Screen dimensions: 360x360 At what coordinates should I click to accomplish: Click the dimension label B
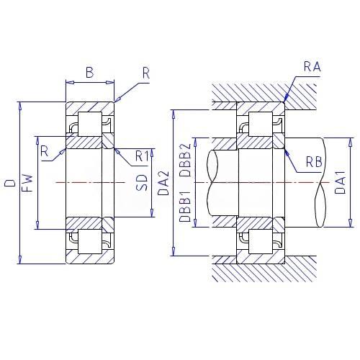point(90,72)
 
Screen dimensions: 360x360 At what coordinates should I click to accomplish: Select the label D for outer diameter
point(11,183)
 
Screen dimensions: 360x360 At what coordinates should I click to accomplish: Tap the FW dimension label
point(27,183)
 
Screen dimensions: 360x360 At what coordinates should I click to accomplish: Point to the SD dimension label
point(141,183)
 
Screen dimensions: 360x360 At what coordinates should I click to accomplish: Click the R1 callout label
point(142,156)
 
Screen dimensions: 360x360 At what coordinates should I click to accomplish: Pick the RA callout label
point(312,66)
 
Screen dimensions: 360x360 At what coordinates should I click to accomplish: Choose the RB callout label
point(314,162)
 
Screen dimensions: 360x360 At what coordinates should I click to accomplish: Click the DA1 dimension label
point(341,182)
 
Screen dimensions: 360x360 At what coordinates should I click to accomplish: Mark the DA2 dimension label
point(164,183)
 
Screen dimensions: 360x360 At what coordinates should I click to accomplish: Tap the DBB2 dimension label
point(185,160)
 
